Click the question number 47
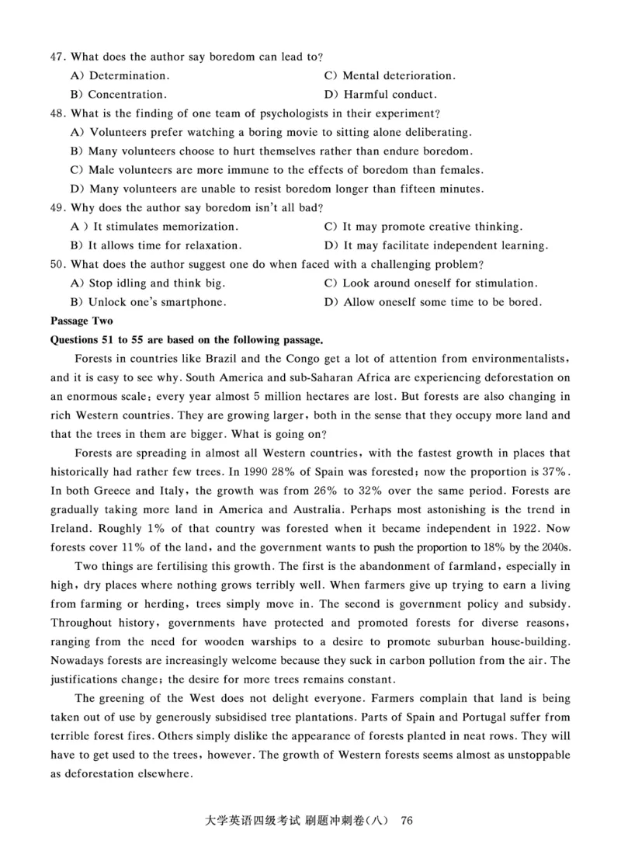pyautogui.click(x=57, y=57)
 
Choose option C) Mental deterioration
pyautogui.click(x=390, y=76)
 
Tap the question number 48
pyautogui.click(x=57, y=114)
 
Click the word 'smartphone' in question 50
pyautogui.click(x=193, y=302)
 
